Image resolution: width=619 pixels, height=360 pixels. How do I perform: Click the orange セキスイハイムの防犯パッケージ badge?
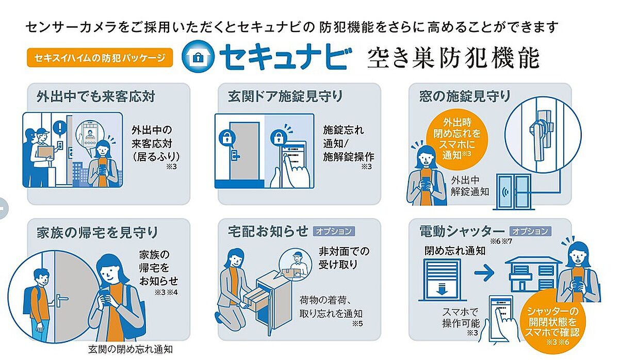click(x=100, y=57)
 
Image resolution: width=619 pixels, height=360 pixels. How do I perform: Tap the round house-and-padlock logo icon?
click(x=198, y=56)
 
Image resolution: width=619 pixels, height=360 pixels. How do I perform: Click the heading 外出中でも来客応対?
click(x=95, y=96)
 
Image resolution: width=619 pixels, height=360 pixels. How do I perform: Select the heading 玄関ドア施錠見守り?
click(x=285, y=96)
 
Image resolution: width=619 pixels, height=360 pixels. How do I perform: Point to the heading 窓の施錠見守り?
click(x=465, y=96)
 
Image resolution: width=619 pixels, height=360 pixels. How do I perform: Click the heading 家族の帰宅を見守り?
click(x=97, y=233)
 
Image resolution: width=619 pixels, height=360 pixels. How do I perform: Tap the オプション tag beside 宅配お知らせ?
click(x=334, y=231)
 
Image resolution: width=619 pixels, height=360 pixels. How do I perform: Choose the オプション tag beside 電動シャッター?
click(x=530, y=231)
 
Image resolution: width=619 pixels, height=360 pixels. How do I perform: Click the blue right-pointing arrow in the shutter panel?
click(x=484, y=273)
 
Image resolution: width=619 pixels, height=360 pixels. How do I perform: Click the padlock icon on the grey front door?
click(x=227, y=138)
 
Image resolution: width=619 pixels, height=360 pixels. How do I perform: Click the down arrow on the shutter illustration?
click(x=442, y=288)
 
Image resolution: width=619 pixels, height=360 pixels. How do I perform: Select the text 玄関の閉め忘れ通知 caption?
click(x=131, y=349)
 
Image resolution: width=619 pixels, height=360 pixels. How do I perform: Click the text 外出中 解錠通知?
click(x=470, y=186)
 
